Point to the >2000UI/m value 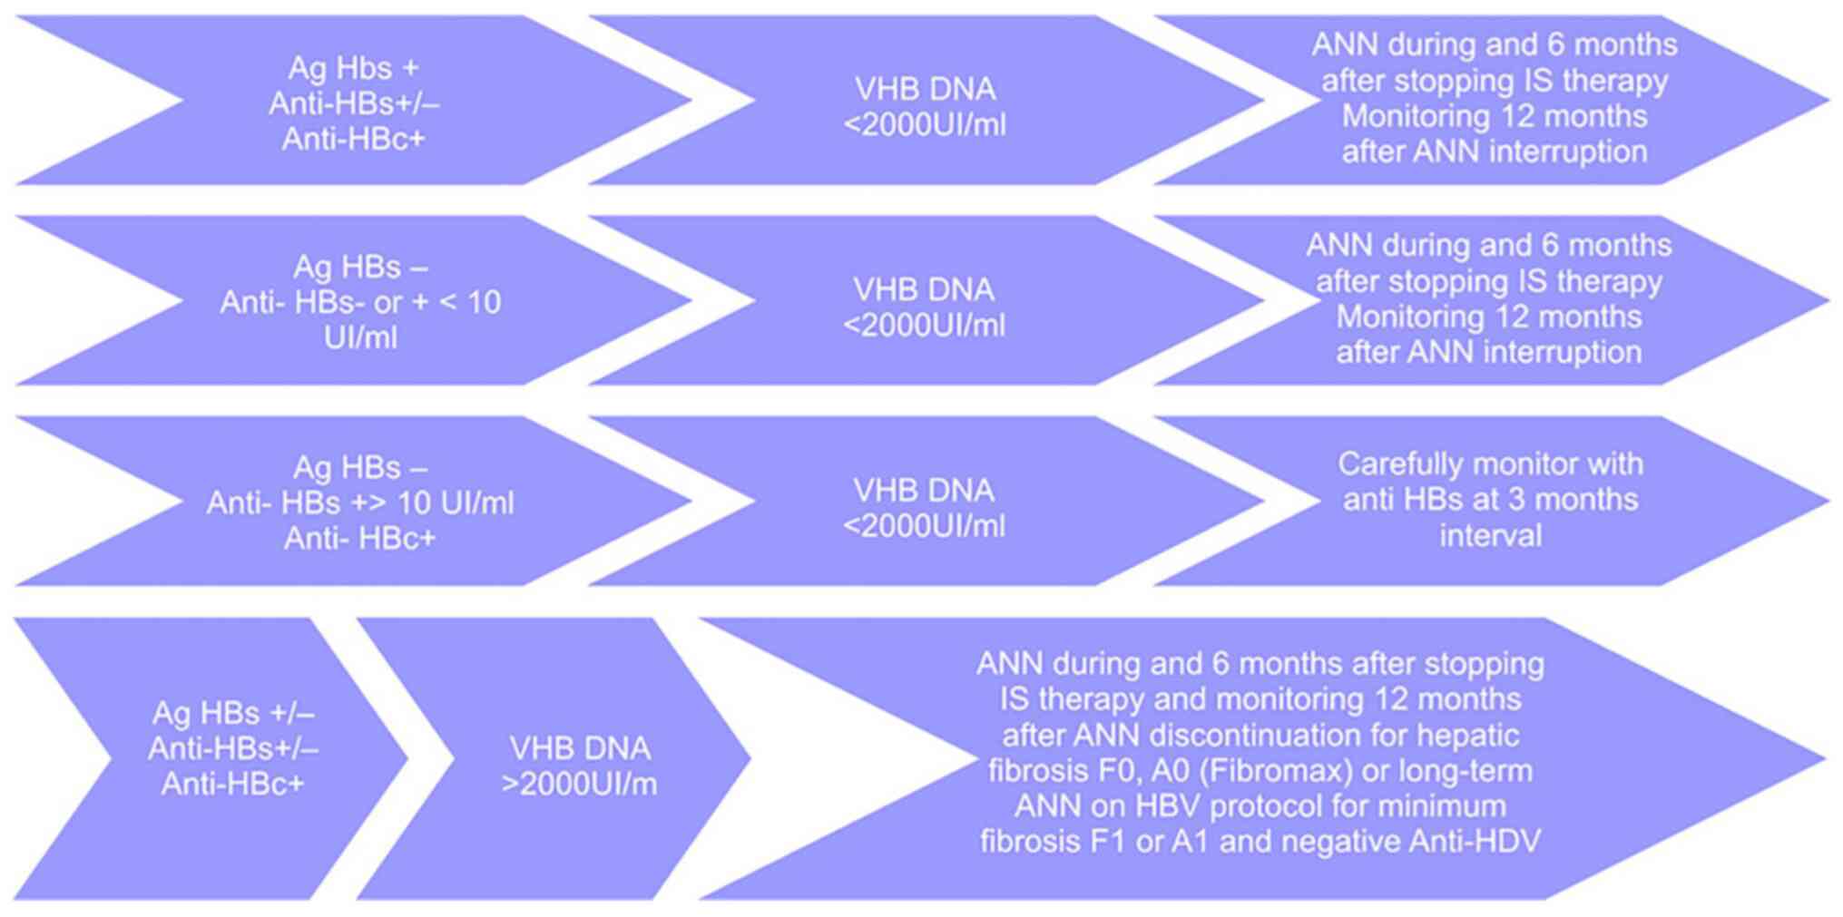click(579, 784)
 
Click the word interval click(1490, 535)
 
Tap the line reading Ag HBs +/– click(233, 713)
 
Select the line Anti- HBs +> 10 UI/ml click(360, 502)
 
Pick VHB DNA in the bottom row click(579, 748)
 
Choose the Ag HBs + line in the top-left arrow click(354, 68)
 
